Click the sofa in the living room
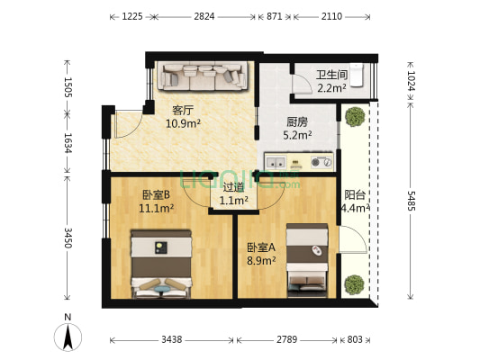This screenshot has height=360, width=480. (203, 76)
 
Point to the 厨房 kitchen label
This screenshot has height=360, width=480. (298, 122)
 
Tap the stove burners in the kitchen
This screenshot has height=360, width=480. (321, 163)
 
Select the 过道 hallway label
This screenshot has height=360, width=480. (234, 188)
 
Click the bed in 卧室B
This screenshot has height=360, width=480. (162, 262)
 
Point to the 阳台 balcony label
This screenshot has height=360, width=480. (355, 194)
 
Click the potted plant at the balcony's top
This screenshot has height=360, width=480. (356, 116)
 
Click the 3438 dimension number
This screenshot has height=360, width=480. (171, 340)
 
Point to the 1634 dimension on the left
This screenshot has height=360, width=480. (66, 145)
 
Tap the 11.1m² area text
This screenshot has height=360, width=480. (157, 208)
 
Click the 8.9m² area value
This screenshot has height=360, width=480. (262, 261)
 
